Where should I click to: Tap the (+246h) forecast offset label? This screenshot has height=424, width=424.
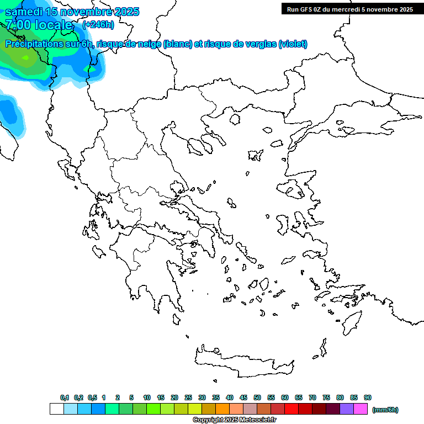pyautogui.click(x=98, y=24)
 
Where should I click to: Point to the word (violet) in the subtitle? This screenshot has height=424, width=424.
pyautogui.click(x=293, y=44)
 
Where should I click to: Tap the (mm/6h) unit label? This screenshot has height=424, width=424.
pyautogui.click(x=385, y=410)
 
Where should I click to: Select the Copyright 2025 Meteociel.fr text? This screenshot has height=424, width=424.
pyautogui.click(x=234, y=420)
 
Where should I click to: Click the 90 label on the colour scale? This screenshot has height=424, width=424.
pyautogui.click(x=368, y=397)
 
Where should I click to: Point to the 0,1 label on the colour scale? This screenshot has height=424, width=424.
pyautogui.click(x=65, y=397)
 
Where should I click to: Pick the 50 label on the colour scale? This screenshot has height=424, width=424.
pyautogui.click(x=257, y=397)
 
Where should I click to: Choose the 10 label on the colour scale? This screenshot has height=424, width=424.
pyautogui.click(x=147, y=397)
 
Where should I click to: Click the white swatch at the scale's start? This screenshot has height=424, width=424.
pyautogui.click(x=56, y=409)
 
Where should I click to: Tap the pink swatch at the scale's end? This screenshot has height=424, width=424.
pyautogui.click(x=361, y=409)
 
